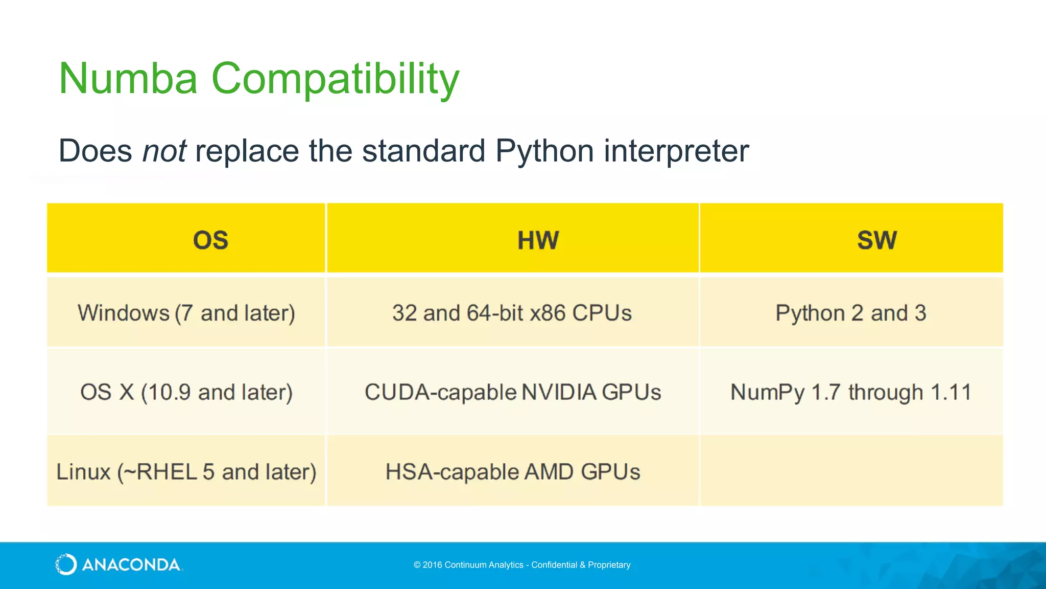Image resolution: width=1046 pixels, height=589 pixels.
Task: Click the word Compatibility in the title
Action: (x=335, y=79)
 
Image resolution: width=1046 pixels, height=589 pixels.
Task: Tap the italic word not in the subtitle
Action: (x=164, y=151)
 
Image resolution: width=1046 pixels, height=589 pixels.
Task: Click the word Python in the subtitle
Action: (x=545, y=151)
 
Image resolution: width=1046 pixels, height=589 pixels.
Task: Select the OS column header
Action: (x=210, y=240)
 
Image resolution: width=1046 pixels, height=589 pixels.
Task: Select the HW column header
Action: (x=538, y=240)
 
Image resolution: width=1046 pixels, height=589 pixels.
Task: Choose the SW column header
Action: (x=876, y=240)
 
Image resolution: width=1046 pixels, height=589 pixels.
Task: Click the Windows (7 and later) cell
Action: (x=186, y=313)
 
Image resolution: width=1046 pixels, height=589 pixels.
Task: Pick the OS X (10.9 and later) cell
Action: (x=186, y=392)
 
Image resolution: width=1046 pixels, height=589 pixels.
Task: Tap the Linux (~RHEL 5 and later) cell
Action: (x=186, y=471)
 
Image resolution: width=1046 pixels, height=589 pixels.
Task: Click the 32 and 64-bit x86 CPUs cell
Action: (x=512, y=313)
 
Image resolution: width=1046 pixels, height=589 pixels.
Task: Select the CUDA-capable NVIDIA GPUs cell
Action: (x=512, y=392)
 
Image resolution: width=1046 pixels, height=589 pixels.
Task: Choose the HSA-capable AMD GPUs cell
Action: (x=512, y=471)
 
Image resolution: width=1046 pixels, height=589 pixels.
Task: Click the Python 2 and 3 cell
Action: (x=851, y=313)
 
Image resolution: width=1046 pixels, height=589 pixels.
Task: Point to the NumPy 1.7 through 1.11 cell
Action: (x=851, y=392)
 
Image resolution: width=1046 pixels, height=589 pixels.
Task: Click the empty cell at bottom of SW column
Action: (x=851, y=471)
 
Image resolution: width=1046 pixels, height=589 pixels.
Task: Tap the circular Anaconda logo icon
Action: (x=66, y=564)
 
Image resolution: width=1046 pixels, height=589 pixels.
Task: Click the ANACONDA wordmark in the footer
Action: (x=131, y=565)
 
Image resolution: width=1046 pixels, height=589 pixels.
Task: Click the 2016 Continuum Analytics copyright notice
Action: (x=522, y=565)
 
